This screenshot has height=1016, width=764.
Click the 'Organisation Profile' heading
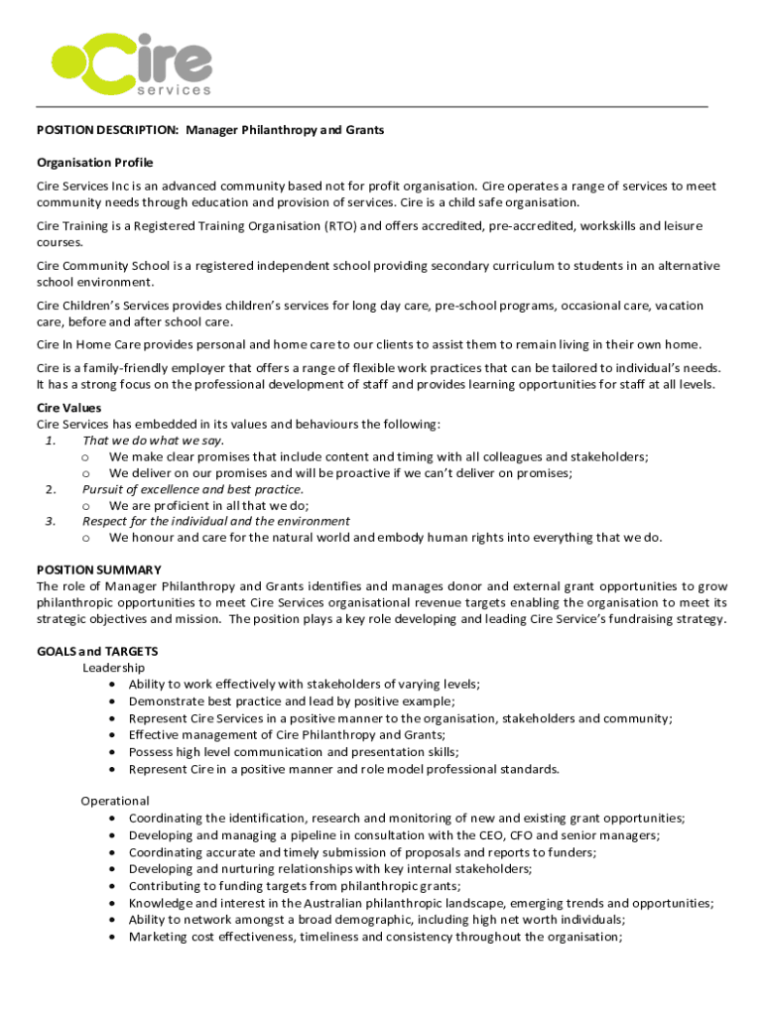95,163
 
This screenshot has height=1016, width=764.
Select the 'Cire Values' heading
69,408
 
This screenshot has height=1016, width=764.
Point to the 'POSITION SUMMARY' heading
99,570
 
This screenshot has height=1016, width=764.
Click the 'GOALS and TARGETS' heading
97,651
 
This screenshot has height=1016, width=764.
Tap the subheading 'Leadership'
113,668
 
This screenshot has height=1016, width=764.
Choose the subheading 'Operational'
115,801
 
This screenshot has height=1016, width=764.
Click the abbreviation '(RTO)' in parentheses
339,226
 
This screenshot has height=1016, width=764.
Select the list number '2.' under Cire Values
51,489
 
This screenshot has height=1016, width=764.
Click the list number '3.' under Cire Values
51,521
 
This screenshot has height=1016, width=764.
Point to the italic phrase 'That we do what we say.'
154,441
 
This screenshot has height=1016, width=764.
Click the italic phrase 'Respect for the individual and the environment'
216,521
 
